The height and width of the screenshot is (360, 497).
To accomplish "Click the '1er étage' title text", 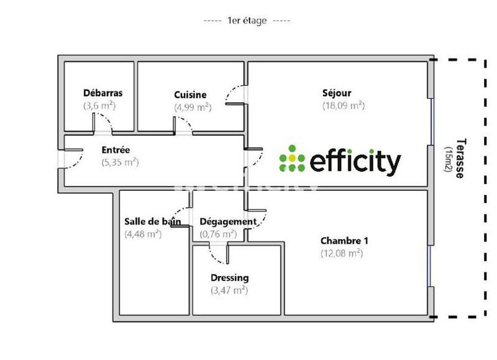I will pyautogui.click(x=247, y=21).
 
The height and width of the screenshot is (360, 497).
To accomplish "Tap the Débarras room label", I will pyautogui.click(x=103, y=93).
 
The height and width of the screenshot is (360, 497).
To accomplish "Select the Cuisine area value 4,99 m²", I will pyautogui.click(x=193, y=107).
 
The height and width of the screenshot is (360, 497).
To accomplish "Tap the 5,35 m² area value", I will pyautogui.click(x=119, y=162).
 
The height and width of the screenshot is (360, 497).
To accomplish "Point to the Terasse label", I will pyautogui.click(x=460, y=159).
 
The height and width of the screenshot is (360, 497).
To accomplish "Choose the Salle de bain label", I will pyautogui.click(x=153, y=222).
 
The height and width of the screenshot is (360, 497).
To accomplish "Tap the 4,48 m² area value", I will pyautogui.click(x=143, y=234).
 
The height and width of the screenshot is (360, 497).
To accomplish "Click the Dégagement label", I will pyautogui.click(x=227, y=222).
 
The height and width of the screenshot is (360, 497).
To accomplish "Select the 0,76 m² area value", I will pyautogui.click(x=217, y=234).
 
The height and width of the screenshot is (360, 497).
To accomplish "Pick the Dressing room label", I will pyautogui.click(x=230, y=278).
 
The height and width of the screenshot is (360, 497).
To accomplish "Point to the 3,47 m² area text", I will pyautogui.click(x=229, y=290).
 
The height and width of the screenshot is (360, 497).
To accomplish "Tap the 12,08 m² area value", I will pyautogui.click(x=342, y=253).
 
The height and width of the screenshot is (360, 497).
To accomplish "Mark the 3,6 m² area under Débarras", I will pyautogui.click(x=99, y=106).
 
